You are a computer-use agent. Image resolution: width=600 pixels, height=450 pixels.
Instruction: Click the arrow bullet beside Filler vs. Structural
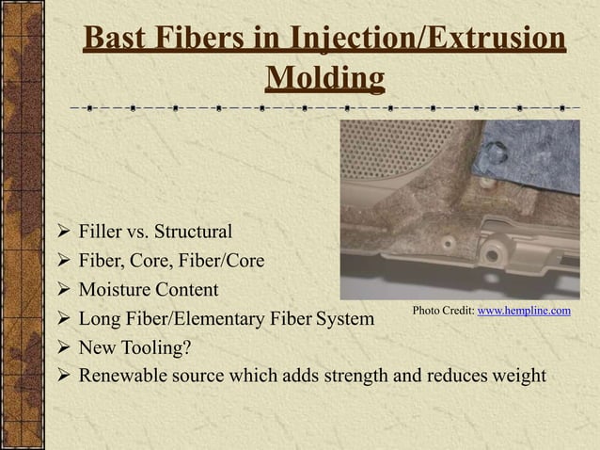tap(62, 232)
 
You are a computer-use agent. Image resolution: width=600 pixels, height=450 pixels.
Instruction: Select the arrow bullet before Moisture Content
tap(62, 290)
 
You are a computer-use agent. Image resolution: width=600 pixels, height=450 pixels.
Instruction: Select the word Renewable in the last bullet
tap(119, 377)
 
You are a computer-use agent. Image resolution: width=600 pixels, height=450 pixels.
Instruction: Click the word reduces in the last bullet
tap(456, 377)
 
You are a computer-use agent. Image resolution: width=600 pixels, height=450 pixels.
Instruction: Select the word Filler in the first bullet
tap(100, 232)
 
